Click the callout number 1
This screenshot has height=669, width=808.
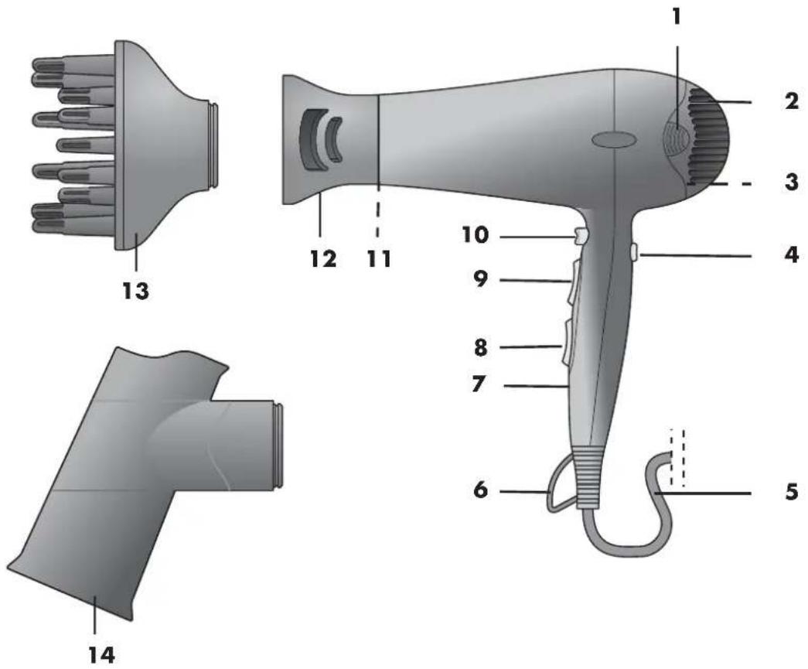(677, 17)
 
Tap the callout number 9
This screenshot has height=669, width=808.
(480, 280)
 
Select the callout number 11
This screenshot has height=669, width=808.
(378, 258)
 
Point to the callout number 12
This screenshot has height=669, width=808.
(323, 258)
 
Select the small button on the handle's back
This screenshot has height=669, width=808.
(634, 252)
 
